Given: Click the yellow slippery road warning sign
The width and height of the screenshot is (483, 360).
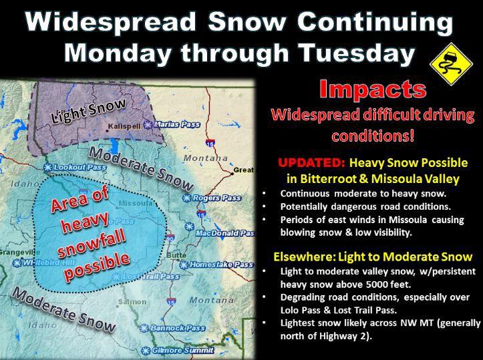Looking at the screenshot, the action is tap(452, 64).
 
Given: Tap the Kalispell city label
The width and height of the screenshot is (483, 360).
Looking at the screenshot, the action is tap(124, 126).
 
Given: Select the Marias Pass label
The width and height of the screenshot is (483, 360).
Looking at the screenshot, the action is tap(177, 124).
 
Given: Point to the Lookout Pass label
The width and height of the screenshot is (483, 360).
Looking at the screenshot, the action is tap(79, 167).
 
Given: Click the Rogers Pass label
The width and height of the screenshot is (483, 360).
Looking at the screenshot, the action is tap(216, 198).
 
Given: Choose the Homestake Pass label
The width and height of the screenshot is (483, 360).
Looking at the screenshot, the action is tap(222, 264).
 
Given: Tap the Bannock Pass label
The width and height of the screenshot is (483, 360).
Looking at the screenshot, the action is tap(178, 328).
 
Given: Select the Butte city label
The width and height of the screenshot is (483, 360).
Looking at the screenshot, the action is tap(176, 255).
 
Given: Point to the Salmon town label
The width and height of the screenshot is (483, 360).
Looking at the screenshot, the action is tap(132, 302).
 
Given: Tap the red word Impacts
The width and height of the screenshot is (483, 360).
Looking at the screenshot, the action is tap(373, 89).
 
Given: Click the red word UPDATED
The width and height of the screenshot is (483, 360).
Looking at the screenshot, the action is tap(311, 162).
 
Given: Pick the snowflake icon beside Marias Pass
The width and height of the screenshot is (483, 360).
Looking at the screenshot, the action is tap(148, 125).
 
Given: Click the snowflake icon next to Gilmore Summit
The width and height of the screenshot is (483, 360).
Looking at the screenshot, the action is tap(146, 351).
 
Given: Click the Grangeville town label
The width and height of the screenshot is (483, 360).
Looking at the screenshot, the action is tap(20, 252).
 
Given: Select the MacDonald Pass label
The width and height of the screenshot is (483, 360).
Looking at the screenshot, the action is tap(226, 233).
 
